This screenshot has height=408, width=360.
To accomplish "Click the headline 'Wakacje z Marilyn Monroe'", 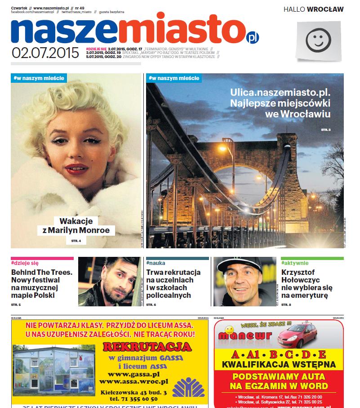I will tap(76, 226).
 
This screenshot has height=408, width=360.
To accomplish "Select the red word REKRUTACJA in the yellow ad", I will tap(147, 347).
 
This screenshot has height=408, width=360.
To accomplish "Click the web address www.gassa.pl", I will tap(134, 374).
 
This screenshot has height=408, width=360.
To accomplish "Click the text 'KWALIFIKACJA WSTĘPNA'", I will tap(279, 364).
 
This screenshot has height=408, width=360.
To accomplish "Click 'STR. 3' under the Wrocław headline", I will tap(325, 130).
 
